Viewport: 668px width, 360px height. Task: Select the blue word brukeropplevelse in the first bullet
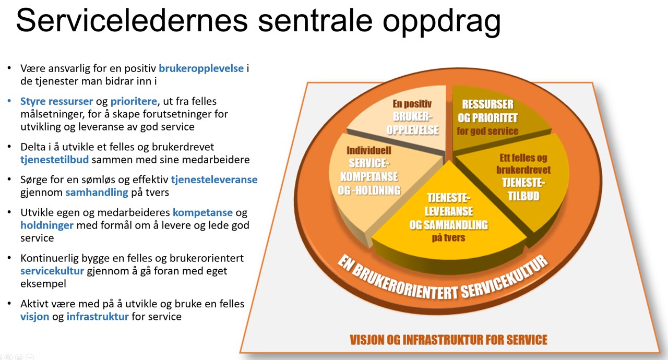pyautogui.click(x=201, y=68)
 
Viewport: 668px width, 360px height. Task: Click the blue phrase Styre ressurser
pyautogui.click(x=57, y=101)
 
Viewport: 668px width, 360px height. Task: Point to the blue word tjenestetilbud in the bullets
pyautogui.click(x=55, y=160)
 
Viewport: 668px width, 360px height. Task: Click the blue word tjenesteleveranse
pyautogui.click(x=214, y=179)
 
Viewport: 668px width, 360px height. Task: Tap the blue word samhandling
pyautogui.click(x=97, y=193)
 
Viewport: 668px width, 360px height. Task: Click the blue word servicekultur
pyautogui.click(x=53, y=271)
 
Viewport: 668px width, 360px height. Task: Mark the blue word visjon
pyautogui.click(x=35, y=317)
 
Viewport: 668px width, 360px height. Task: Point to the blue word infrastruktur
pyautogui.click(x=98, y=317)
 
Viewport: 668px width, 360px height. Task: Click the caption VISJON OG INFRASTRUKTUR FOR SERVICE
pyautogui.click(x=448, y=340)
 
